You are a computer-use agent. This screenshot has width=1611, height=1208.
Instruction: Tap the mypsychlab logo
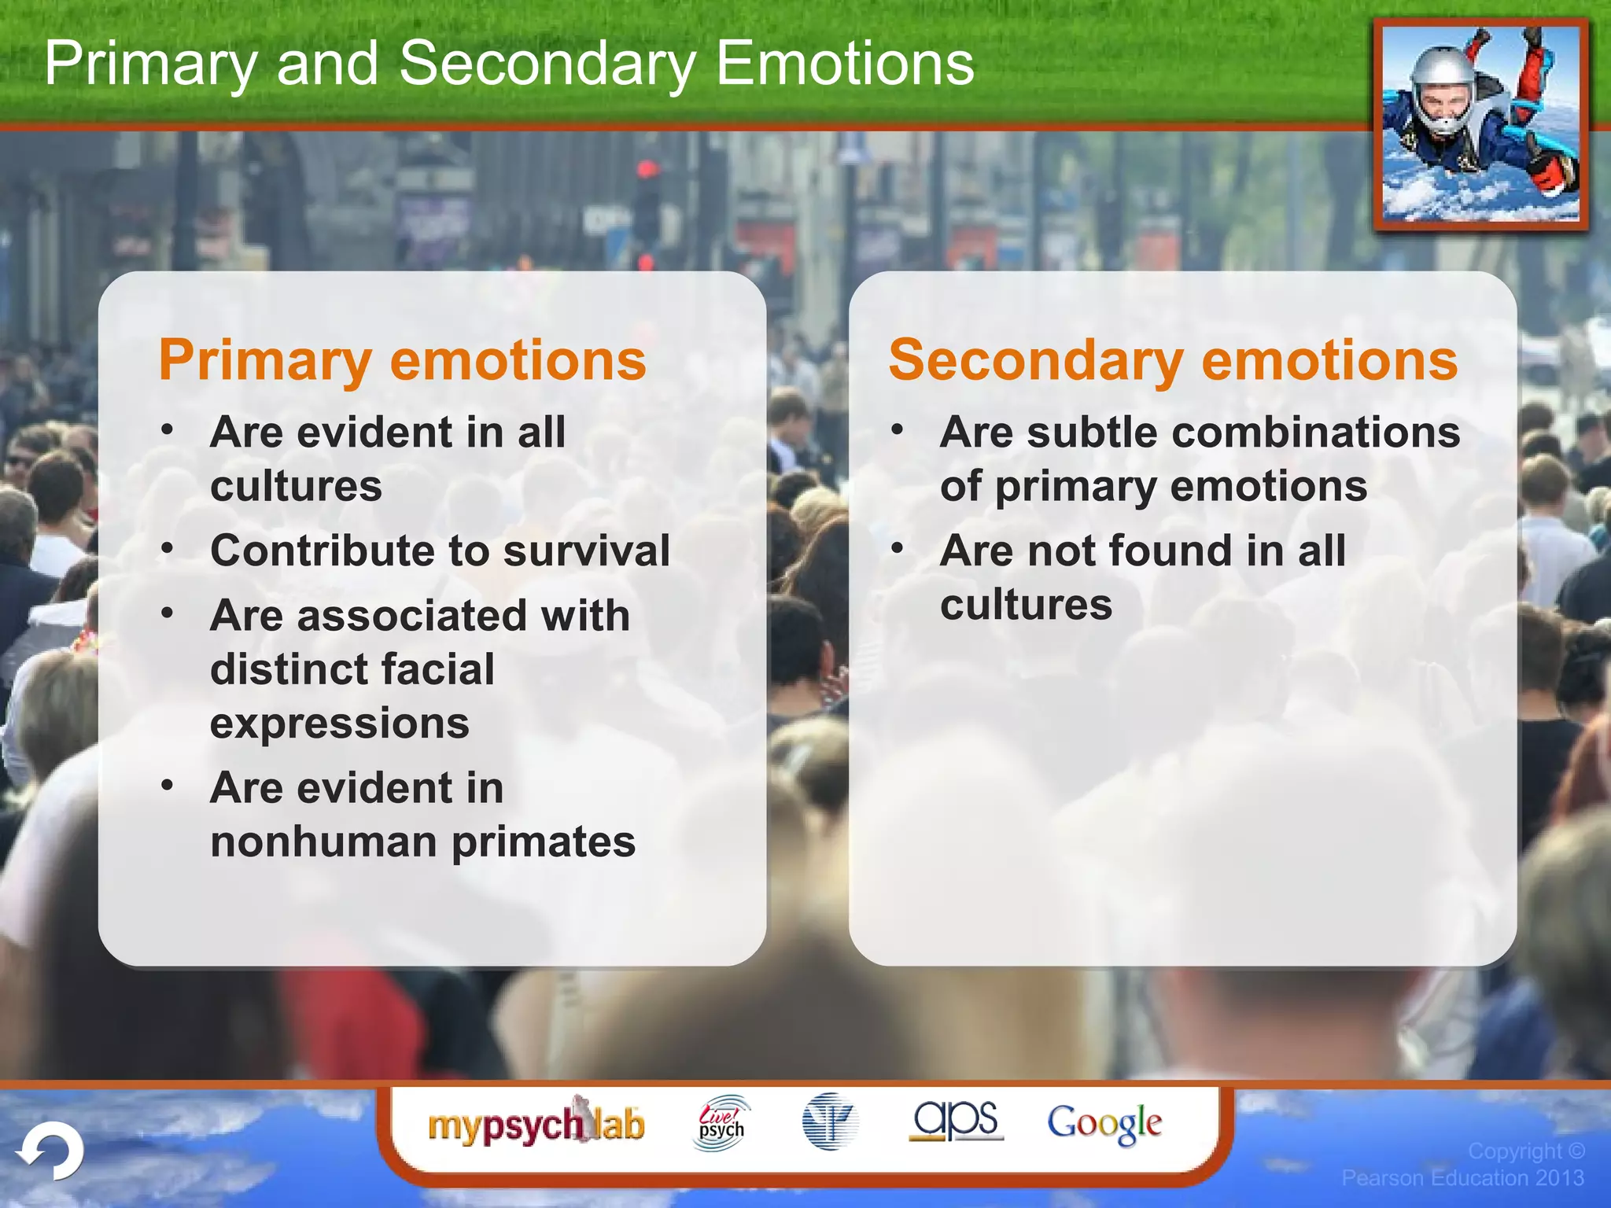tap(536, 1123)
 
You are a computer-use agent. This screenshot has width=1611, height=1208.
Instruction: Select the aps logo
tap(956, 1120)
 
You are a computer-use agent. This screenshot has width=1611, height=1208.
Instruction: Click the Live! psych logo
tap(721, 1123)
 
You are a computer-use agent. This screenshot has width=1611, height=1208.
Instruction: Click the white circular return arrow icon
tap(52, 1151)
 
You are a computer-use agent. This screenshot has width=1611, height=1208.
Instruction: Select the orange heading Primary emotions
tap(402, 360)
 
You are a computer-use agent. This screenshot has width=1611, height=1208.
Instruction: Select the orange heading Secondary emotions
tap(1173, 360)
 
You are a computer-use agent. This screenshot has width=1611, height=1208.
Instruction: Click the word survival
tap(586, 551)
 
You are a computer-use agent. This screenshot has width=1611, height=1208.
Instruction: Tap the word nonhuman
tap(323, 842)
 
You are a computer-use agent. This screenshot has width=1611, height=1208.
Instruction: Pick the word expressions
tap(339, 723)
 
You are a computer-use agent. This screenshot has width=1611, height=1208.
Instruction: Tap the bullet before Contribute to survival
tap(167, 549)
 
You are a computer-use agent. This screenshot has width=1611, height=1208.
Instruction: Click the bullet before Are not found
tap(897, 549)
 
